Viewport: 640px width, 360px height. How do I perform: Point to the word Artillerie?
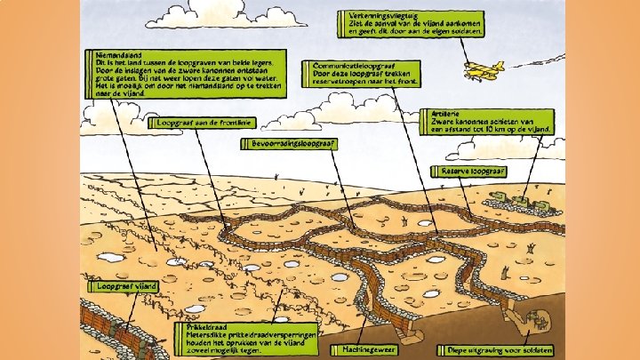pyautogui.click(x=439, y=114)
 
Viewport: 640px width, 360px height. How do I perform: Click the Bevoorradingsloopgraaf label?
pyautogui.click(x=284, y=143)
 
